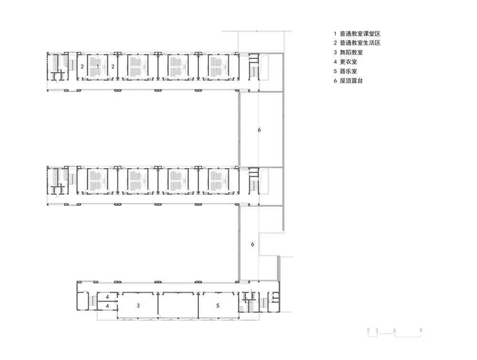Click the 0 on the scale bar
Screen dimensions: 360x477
[x=369, y=330]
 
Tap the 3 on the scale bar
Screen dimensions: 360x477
[x=377, y=330]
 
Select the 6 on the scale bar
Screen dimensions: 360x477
[x=394, y=330]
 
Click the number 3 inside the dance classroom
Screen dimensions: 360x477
[x=138, y=305]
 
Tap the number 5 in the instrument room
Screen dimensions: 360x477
[x=218, y=305]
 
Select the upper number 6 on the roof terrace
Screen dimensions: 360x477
[x=259, y=130]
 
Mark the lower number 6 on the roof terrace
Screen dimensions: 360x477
[x=252, y=244]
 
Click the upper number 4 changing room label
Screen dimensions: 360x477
[x=107, y=297]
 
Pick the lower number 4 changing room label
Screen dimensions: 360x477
[x=107, y=305]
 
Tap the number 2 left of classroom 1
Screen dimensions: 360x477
[x=82, y=67]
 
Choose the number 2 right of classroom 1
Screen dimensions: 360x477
[x=113, y=67]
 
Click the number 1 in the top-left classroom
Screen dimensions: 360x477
[x=98, y=66]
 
